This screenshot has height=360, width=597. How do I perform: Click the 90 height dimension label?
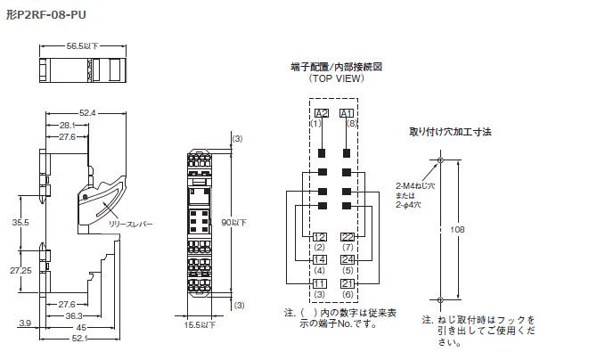click(x=234, y=221)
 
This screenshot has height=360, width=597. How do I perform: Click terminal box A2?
click(x=322, y=113)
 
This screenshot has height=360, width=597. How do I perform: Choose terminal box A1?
click(x=348, y=113)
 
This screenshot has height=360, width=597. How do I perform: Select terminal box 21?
click(x=348, y=283)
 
